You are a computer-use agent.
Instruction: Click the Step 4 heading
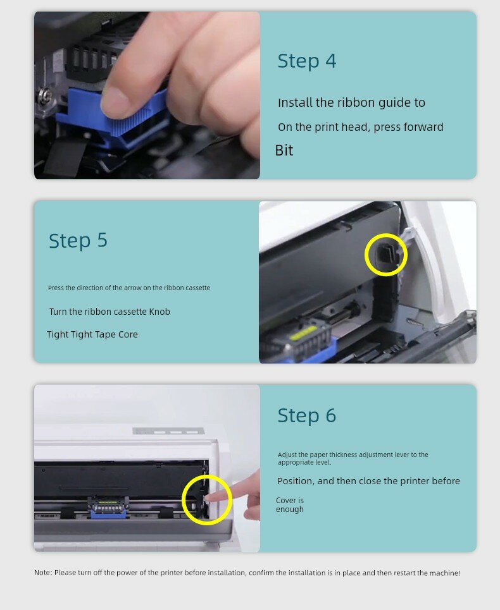[x=306, y=61]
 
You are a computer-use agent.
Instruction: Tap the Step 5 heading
[x=78, y=241]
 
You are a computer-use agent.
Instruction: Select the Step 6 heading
[x=306, y=415]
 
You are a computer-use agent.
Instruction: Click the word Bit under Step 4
[x=284, y=150]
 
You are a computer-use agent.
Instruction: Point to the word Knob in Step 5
[x=159, y=312]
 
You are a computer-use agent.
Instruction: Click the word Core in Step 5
[x=128, y=334]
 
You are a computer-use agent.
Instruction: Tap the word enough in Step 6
[x=290, y=509]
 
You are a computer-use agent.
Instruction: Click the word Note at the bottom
[x=42, y=573]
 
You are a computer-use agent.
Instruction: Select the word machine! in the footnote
[x=445, y=573]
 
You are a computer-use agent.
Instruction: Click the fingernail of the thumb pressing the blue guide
[x=114, y=102]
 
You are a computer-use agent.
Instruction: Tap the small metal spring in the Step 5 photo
[x=412, y=321]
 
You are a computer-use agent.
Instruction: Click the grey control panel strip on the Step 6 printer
[x=168, y=431]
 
